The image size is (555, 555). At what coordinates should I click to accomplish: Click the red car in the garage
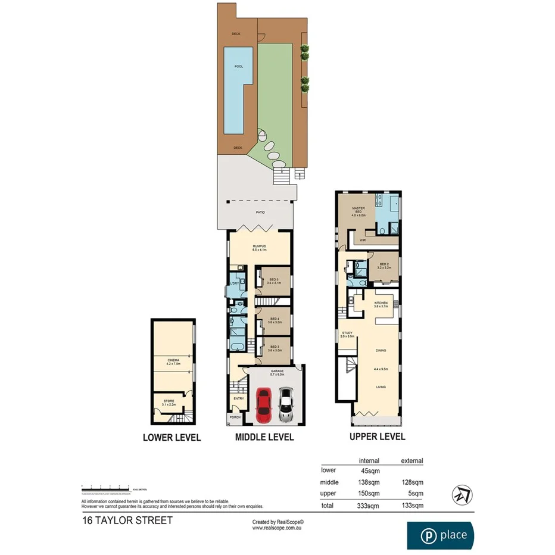(264, 406)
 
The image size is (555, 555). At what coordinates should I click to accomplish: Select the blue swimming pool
(235, 89)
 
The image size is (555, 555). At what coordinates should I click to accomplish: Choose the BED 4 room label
(275, 320)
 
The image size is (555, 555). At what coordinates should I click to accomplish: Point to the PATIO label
(261, 213)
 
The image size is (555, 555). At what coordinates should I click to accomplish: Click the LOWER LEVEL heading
(172, 438)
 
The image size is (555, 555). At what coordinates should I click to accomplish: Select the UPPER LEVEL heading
(376, 436)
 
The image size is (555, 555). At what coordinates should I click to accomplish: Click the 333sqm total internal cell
(370, 506)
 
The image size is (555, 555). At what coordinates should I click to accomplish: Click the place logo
(441, 535)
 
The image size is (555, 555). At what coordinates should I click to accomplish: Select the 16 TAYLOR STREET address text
(127, 520)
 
